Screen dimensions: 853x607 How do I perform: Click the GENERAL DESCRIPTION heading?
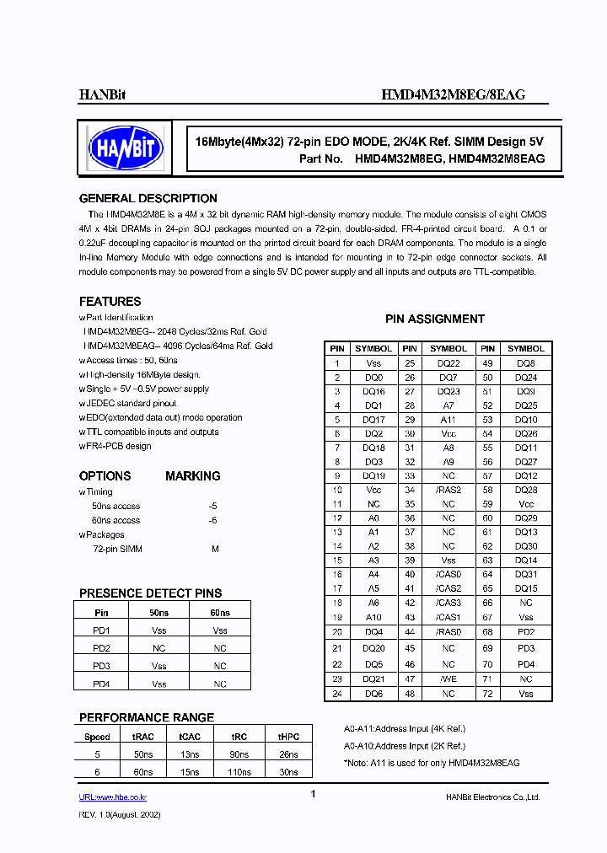tap(148, 199)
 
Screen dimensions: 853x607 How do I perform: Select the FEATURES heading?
tap(110, 301)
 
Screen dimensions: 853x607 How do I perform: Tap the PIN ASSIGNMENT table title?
tap(434, 319)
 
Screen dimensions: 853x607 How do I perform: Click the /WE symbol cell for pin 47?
tap(448, 679)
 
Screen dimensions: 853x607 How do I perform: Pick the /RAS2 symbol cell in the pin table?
tap(448, 489)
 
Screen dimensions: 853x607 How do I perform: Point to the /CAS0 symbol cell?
tap(448, 574)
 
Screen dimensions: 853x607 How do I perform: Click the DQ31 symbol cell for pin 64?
tap(525, 574)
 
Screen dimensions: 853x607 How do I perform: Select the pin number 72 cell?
tap(486, 693)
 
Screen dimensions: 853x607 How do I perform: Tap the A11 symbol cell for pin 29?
tap(448, 419)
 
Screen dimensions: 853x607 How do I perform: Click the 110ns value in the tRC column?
tap(239, 772)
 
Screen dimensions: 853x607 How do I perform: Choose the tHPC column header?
tap(288, 736)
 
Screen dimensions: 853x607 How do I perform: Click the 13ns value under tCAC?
tap(190, 754)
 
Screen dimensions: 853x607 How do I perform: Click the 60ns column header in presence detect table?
tap(219, 613)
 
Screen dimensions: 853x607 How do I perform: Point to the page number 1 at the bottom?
tap(313, 794)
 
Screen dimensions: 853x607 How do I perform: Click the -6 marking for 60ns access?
tap(212, 520)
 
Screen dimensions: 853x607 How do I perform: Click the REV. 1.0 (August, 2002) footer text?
tap(120, 815)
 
